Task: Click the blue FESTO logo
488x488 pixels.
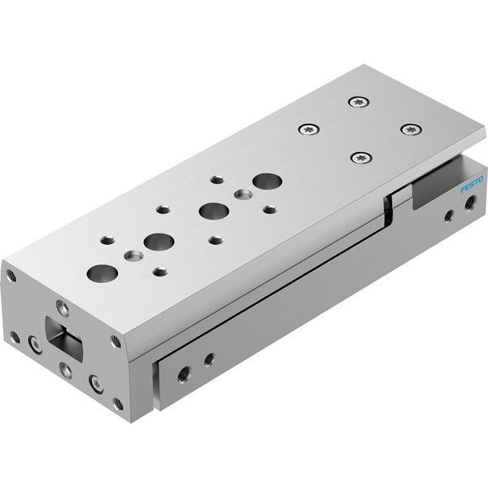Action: [x=472, y=185]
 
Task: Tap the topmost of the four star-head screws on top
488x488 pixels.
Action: [x=359, y=102]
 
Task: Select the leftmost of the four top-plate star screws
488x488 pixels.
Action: [x=309, y=129]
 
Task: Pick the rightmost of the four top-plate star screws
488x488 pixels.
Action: [x=412, y=129]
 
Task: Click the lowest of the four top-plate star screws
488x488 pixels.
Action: [x=361, y=158]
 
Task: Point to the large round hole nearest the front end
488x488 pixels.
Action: [x=102, y=272]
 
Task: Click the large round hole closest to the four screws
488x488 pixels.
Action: [x=268, y=181]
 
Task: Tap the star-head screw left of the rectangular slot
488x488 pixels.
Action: [x=35, y=344]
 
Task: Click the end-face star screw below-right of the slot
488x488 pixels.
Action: [x=96, y=384]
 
